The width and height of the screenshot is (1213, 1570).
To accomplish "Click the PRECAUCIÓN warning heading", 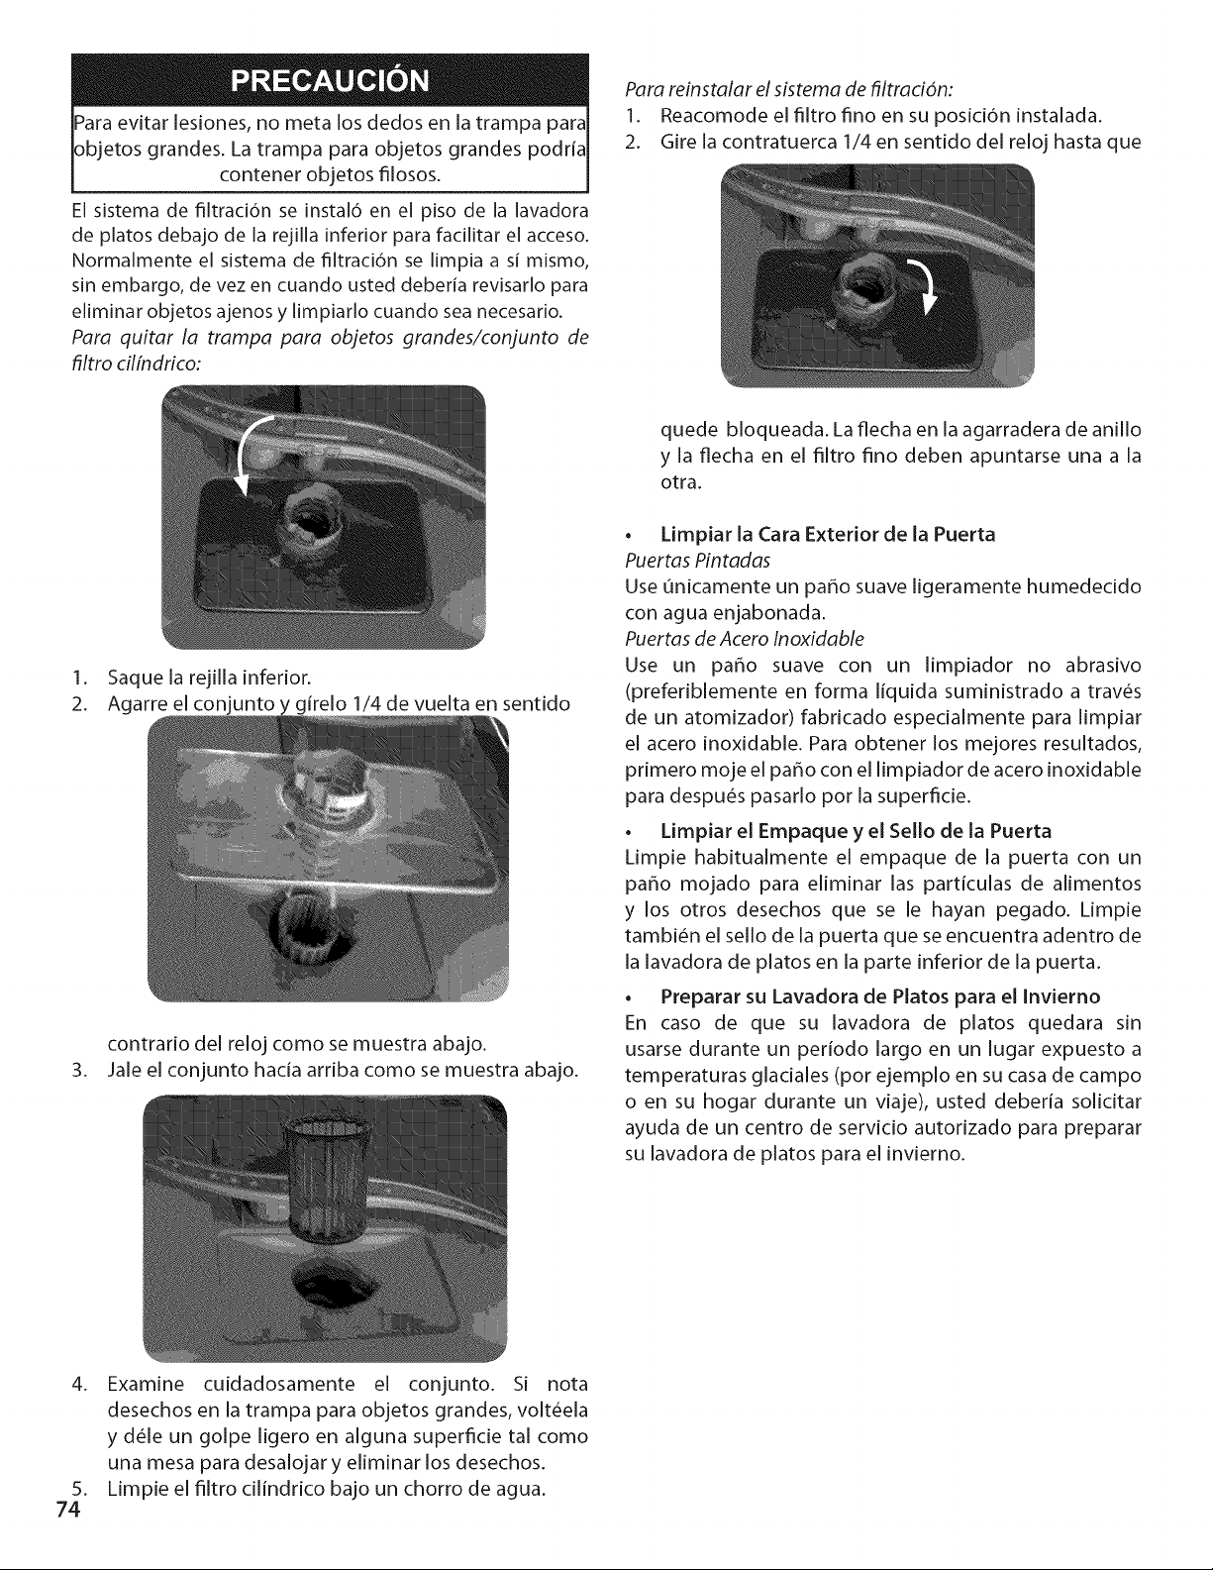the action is pyautogui.click(x=330, y=80).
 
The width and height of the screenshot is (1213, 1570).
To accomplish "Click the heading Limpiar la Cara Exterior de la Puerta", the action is pyautogui.click(x=828, y=534).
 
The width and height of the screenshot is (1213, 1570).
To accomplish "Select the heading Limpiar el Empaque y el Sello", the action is pyautogui.click(x=856, y=831).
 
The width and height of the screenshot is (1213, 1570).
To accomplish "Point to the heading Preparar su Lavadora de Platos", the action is pyautogui.click(x=880, y=996).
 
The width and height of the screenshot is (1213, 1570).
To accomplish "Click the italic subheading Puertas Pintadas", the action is pyautogui.click(x=697, y=560).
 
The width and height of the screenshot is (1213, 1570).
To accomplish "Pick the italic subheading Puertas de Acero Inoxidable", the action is pyautogui.click(x=745, y=639).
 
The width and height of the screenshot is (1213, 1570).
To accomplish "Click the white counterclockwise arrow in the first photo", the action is pyautogui.click(x=250, y=452).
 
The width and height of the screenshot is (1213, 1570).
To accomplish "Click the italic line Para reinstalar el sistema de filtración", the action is pyautogui.click(x=789, y=89).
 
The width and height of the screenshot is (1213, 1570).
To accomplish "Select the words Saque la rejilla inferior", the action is pyautogui.click(x=209, y=678).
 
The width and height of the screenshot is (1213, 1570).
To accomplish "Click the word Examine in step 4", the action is pyautogui.click(x=146, y=1384).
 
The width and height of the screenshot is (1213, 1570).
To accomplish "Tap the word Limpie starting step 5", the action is pyautogui.click(x=134, y=1489).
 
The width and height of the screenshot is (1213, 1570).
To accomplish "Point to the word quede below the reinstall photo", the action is pyautogui.click(x=689, y=431).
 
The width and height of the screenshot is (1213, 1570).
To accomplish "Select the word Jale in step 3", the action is pyautogui.click(x=124, y=1070).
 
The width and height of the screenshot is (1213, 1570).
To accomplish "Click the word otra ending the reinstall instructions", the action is pyautogui.click(x=680, y=482).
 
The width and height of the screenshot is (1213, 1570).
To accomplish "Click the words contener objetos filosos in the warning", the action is pyautogui.click(x=330, y=175).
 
